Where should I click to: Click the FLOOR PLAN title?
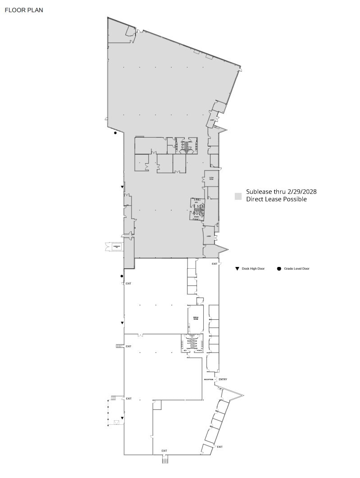point(24,10)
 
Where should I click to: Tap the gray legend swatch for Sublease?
point(238,196)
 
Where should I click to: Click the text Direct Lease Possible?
point(276,199)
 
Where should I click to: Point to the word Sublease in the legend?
point(259,192)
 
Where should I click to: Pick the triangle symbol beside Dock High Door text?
point(237,269)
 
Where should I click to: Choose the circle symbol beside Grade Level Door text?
point(279,269)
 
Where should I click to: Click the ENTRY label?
point(223,379)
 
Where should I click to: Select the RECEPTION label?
point(209,380)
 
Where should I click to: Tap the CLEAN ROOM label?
point(211,179)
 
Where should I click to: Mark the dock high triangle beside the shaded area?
point(122,187)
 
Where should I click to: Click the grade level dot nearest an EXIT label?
point(122,276)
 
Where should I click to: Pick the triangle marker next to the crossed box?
point(122,418)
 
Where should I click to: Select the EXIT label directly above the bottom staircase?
point(164,451)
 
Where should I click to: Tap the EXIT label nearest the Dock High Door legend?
point(214,264)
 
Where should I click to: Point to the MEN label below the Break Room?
point(185,350)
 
